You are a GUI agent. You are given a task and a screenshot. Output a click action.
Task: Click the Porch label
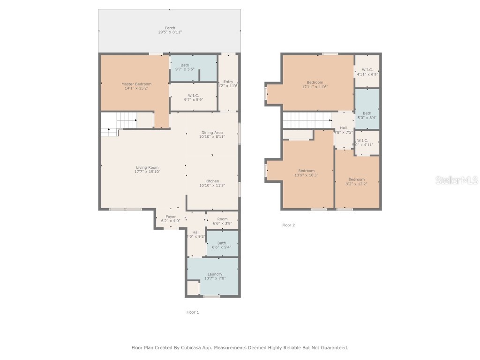tap(170, 28)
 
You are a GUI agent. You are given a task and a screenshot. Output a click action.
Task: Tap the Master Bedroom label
tap(136, 84)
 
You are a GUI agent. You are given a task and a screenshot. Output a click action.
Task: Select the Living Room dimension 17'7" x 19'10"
tap(147, 172)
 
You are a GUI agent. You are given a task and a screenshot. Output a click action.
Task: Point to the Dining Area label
tap(212, 133)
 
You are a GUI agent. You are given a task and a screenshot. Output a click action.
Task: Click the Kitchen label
tap(212, 181)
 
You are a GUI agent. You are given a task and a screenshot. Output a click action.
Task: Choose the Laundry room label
tap(215, 274)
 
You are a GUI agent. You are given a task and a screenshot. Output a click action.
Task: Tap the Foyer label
tap(171, 217)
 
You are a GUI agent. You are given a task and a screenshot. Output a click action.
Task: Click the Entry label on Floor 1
tap(228, 82)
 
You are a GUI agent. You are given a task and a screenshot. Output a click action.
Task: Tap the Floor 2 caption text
tap(288, 225)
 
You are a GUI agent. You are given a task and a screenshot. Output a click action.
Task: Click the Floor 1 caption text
tap(193, 312)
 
